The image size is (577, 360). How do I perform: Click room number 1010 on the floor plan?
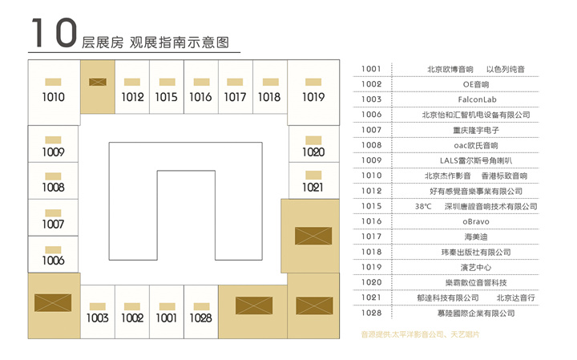point(54,97)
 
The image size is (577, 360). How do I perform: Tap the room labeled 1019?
point(313,97)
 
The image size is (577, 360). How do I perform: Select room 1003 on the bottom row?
point(98,318)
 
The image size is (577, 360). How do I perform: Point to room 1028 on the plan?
point(200,318)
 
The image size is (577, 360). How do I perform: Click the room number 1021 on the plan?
point(313,188)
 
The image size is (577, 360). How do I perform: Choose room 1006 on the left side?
point(54,261)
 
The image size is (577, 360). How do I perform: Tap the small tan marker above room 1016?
point(202,82)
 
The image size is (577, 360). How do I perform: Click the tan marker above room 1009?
point(53,140)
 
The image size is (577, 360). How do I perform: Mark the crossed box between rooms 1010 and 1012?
point(98,82)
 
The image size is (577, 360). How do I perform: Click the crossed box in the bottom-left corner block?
point(53,303)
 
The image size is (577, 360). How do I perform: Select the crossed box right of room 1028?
point(254,305)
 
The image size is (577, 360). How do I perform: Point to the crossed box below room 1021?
point(313,236)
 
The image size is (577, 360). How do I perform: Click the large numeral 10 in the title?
point(54,33)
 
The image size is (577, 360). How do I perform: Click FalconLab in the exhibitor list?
point(478,99)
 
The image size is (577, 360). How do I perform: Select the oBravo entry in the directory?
point(476,221)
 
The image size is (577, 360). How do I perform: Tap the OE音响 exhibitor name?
point(476,84)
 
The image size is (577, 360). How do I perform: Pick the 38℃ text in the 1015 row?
point(423,207)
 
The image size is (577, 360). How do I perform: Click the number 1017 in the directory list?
point(371,237)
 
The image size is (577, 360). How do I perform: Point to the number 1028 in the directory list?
point(371,313)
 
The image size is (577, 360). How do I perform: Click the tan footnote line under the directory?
point(420,334)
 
